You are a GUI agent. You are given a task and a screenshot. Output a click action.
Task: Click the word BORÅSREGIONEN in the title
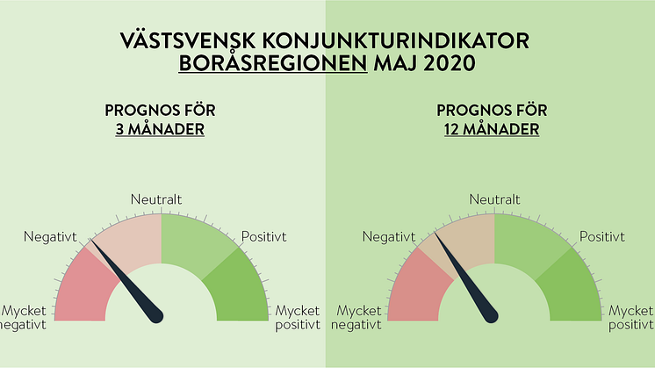(273, 63)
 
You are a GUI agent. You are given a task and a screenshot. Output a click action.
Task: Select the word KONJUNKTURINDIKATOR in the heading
(396, 41)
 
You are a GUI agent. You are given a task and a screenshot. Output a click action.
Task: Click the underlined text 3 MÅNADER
(160, 129)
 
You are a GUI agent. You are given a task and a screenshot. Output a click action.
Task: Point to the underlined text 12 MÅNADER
(492, 129)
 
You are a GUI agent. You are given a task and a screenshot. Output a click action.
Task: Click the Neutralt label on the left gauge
(156, 199)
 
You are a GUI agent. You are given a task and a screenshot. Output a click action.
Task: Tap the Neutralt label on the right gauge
(494, 199)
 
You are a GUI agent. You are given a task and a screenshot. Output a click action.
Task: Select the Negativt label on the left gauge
(51, 237)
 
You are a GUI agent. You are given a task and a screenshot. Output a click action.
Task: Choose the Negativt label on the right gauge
(389, 237)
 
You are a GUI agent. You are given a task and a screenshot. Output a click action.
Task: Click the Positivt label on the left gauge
(264, 237)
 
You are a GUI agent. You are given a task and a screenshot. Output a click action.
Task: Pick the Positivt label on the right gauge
(602, 237)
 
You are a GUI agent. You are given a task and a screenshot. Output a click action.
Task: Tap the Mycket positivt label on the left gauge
(298, 318)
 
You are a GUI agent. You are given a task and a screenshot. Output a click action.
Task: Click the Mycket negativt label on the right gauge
(356, 318)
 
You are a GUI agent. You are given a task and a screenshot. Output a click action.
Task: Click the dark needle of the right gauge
(466, 278)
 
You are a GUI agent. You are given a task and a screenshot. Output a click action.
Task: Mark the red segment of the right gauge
(418, 288)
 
